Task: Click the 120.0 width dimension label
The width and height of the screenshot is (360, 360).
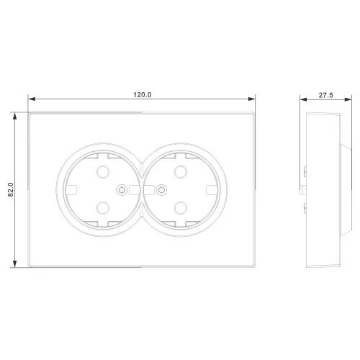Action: [x=143, y=95]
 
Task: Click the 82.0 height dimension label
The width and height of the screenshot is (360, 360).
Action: [x=11, y=189]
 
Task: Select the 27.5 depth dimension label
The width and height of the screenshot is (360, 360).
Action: [x=326, y=95]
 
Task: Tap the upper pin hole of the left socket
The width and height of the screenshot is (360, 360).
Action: [x=103, y=172]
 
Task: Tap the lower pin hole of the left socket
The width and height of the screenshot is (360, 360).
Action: [x=103, y=208]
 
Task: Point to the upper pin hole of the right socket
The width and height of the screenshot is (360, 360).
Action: [x=181, y=172]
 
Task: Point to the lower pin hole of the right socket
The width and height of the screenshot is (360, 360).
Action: [x=181, y=208]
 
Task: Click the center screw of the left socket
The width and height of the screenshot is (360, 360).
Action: [x=122, y=190]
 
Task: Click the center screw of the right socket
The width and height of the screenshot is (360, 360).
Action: [x=161, y=190]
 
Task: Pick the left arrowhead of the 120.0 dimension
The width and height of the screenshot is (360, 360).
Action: [x=32, y=99]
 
